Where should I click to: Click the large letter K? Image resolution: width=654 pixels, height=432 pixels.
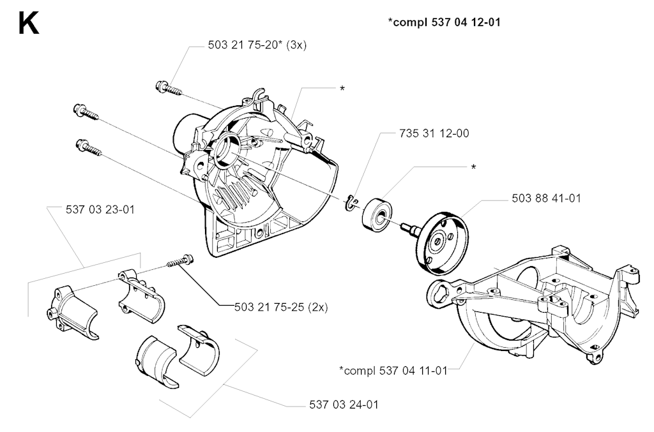pyautogui.click(x=29, y=24)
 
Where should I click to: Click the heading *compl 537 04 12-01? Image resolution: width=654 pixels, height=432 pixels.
pyautogui.click(x=445, y=22)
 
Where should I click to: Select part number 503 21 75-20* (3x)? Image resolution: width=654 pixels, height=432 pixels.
pyautogui.click(x=257, y=45)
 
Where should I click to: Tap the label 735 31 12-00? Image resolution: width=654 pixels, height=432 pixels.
pyautogui.click(x=434, y=133)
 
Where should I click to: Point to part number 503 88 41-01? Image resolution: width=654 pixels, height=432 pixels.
pyautogui.click(x=547, y=198)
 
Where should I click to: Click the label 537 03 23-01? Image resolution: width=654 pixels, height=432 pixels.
pyautogui.click(x=100, y=209)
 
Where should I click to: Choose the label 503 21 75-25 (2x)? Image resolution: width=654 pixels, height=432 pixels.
pyautogui.click(x=281, y=307)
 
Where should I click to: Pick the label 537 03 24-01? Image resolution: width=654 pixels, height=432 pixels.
pyautogui.click(x=344, y=405)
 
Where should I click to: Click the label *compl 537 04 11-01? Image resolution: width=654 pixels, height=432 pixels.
pyautogui.click(x=393, y=370)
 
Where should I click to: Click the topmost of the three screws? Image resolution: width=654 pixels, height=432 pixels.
pyautogui.click(x=168, y=89)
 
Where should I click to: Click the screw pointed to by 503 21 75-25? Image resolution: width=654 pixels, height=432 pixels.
pyautogui.click(x=179, y=262)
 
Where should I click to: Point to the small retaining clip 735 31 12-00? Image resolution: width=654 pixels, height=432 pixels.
pyautogui.click(x=353, y=202)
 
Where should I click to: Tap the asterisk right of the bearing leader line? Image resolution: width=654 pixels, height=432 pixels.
pyautogui.click(x=473, y=167)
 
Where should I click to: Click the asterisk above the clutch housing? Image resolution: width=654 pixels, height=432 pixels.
pyautogui.click(x=342, y=89)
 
